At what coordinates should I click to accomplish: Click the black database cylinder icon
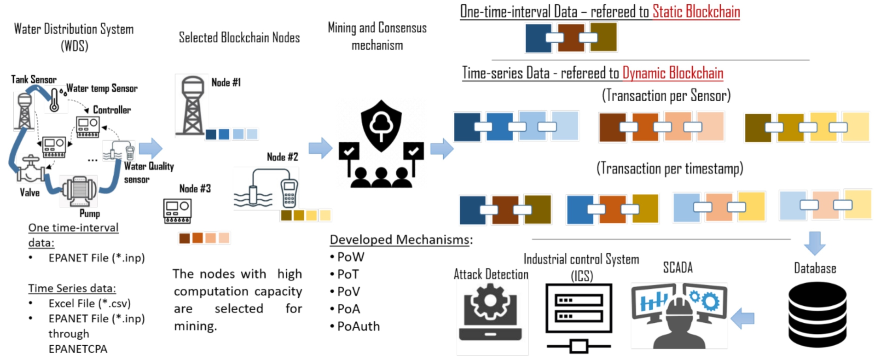(817, 315)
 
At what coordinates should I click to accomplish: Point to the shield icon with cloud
(381, 125)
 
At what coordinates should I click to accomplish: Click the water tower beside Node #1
(192, 105)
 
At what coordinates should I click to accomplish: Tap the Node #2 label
(283, 157)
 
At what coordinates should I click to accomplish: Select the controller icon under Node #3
(178, 211)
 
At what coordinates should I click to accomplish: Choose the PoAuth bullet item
(355, 326)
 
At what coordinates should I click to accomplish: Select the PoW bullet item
(348, 257)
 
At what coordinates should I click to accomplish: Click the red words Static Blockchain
(696, 12)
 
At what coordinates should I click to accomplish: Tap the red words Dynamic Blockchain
(672, 73)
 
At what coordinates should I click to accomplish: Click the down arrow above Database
(814, 243)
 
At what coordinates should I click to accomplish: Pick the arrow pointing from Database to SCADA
(742, 318)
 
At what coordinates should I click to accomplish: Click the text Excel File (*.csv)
(90, 303)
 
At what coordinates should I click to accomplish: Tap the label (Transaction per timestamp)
(670, 168)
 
